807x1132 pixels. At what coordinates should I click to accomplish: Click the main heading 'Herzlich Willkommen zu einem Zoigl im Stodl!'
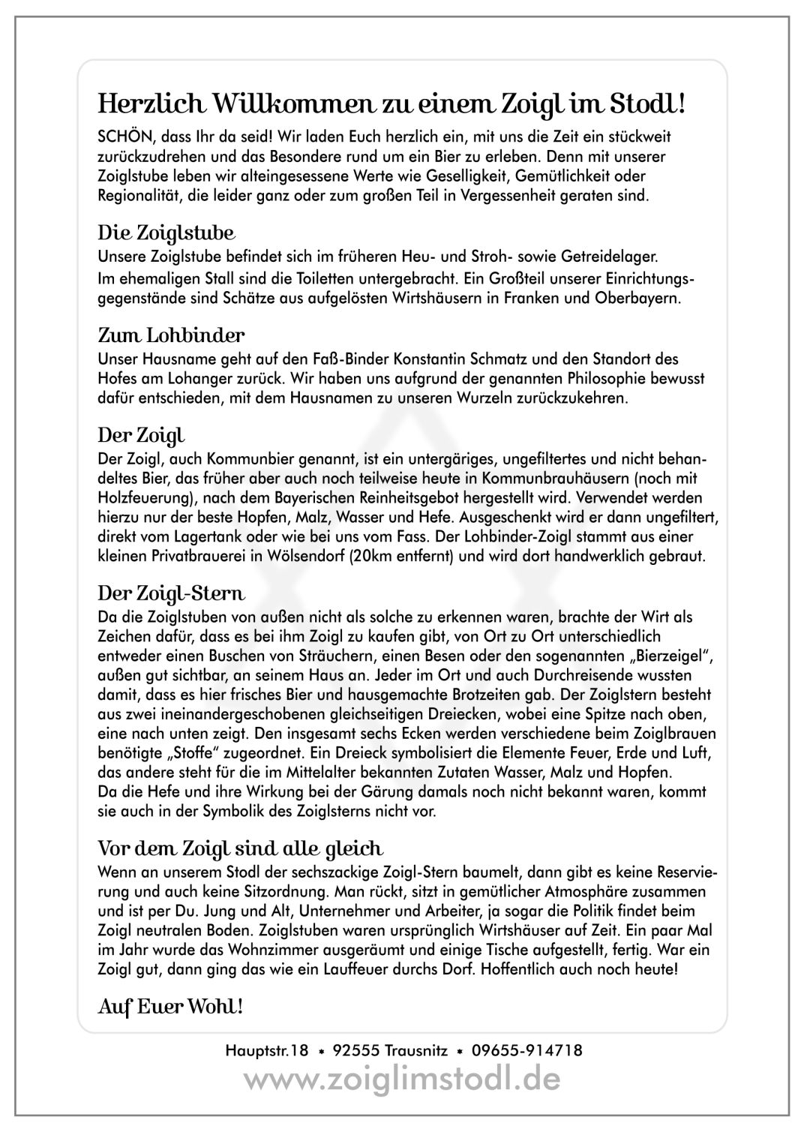point(391,103)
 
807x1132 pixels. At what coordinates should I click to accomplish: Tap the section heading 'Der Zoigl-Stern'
point(172,594)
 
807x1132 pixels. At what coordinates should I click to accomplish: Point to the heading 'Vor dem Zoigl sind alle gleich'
point(241,848)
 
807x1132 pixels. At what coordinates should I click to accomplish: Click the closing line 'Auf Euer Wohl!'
point(171,1005)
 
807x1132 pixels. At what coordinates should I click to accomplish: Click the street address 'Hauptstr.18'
point(267,1050)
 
